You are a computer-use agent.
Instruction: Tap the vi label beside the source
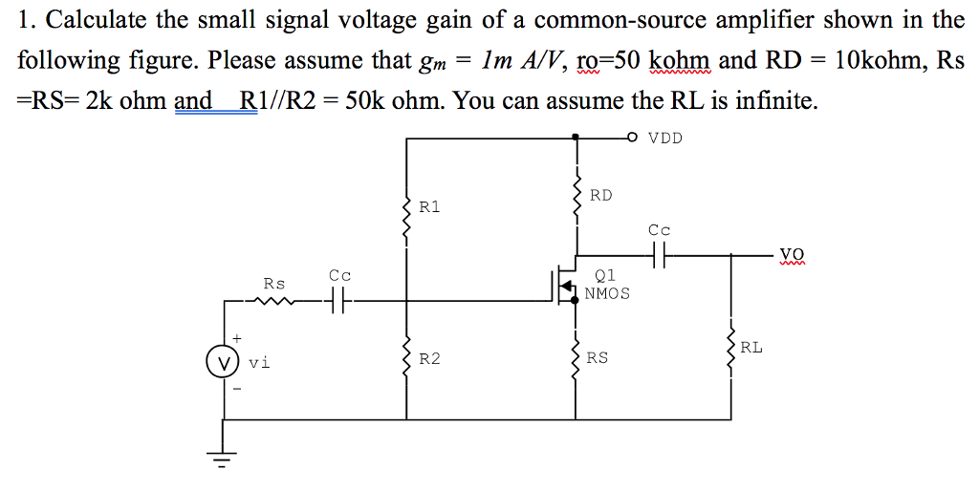click(x=259, y=363)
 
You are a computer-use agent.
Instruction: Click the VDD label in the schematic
click(x=665, y=138)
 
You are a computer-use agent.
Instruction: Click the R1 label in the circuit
click(x=430, y=206)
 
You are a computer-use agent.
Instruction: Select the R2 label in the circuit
click(x=430, y=359)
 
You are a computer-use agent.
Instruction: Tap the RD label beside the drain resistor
click(x=600, y=195)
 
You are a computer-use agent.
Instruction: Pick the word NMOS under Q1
click(x=607, y=293)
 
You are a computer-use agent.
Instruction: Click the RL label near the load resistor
click(x=751, y=348)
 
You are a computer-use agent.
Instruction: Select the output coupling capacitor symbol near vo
click(x=660, y=255)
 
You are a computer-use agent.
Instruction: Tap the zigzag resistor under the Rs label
click(x=274, y=302)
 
